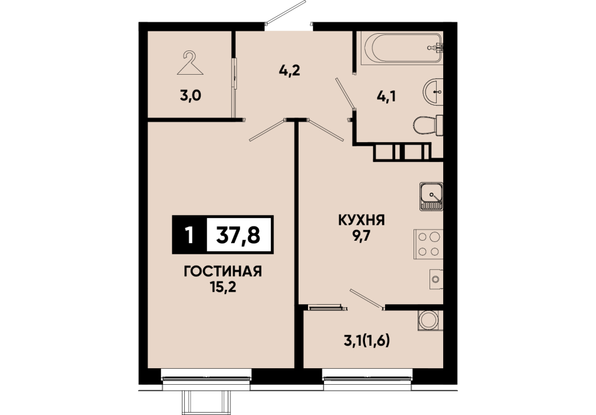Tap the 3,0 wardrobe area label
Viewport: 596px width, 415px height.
(x=190, y=96)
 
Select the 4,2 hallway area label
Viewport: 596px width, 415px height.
(x=290, y=71)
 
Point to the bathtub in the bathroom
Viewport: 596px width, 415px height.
(x=403, y=48)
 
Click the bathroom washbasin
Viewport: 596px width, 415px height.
(x=433, y=92)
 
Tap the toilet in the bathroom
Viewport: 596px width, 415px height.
(x=428, y=124)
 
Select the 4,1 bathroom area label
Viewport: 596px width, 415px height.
(x=386, y=96)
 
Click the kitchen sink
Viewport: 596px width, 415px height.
(x=431, y=196)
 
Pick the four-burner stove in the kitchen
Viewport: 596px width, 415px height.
(x=428, y=244)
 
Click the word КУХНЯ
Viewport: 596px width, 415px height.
(x=362, y=220)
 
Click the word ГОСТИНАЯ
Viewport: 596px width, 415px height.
(x=223, y=272)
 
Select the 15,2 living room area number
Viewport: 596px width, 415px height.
(x=223, y=287)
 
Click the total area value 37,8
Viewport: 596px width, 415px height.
(x=238, y=235)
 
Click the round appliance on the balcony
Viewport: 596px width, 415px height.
(x=428, y=320)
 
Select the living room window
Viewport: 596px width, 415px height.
(x=206, y=378)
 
